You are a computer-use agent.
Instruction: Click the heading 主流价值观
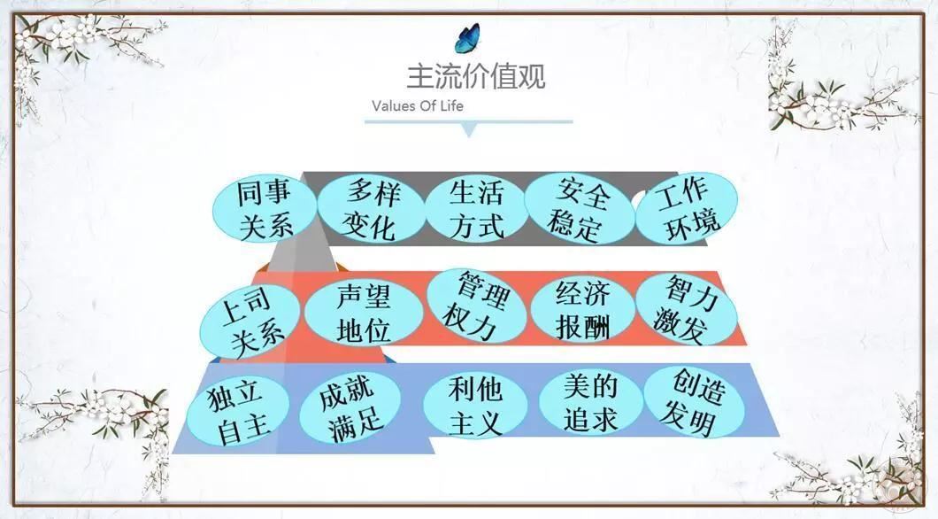click(475, 77)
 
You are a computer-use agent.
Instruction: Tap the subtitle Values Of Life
click(418, 106)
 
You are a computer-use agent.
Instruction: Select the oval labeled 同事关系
click(265, 210)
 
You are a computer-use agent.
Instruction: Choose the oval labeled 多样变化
click(371, 209)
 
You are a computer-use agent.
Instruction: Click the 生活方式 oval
click(477, 209)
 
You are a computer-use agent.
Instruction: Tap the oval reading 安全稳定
click(579, 209)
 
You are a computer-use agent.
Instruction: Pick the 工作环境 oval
click(686, 208)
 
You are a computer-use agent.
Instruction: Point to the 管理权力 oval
click(476, 306)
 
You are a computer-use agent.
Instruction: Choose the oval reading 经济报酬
click(582, 309)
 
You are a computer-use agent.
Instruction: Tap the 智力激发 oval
click(686, 309)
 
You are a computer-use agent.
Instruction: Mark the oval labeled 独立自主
click(238, 411)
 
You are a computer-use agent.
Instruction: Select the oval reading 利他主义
click(475, 406)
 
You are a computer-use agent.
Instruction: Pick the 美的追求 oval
click(590, 402)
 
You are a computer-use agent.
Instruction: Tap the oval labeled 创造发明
click(694, 402)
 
